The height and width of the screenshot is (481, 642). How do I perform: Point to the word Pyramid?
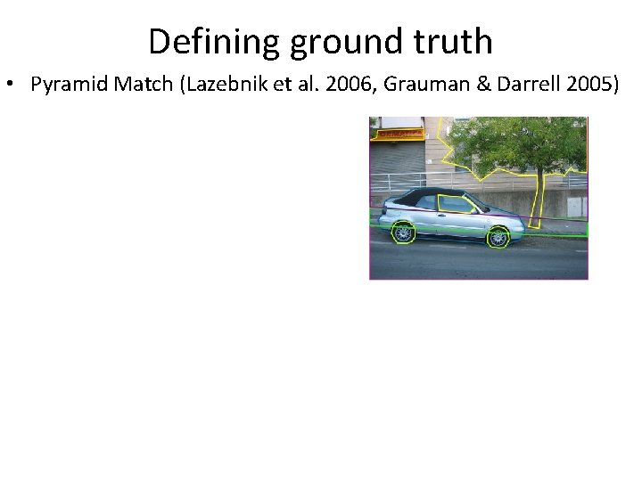[x=66, y=86]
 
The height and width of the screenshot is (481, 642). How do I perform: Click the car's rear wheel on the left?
[x=404, y=233]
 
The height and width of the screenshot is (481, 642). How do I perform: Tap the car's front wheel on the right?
[x=498, y=237]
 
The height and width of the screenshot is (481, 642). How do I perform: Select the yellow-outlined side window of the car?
[x=457, y=205]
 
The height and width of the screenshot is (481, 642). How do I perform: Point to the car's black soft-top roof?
[x=433, y=193]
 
